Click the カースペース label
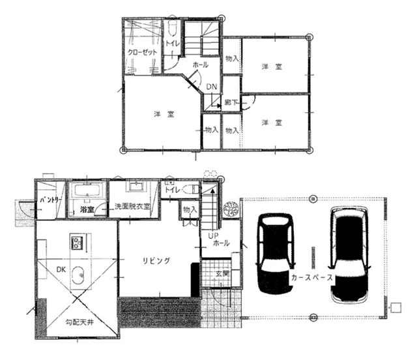pos(312,277)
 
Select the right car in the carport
pos(349,255)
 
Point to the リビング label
pos(156,261)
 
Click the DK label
pos(61,269)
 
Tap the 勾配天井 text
pos(79,322)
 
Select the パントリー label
pos(51,200)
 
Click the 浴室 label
pos(87,209)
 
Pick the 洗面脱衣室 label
pos(132,206)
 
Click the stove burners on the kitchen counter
pos(78,243)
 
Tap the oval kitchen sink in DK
pos(78,275)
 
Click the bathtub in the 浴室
pos(87,190)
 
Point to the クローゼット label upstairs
pos(142,52)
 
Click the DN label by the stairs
pos(212,87)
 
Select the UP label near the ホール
pos(213,235)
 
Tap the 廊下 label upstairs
pos(231,102)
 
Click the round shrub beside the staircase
pos(231,209)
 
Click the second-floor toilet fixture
pos(172,29)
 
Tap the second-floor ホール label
pos(200,65)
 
